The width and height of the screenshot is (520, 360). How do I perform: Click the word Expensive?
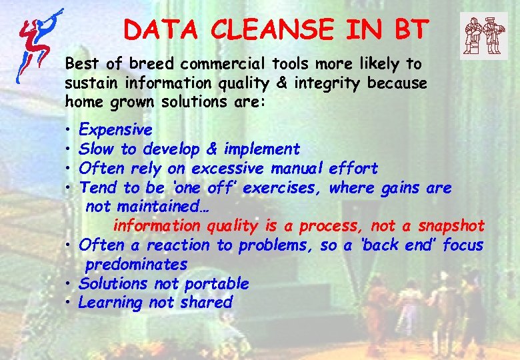pos(115,129)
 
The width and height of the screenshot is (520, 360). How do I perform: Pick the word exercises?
pos(285,188)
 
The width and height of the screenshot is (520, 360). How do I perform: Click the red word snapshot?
pos(451,226)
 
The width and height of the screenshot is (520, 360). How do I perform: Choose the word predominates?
pos(136,265)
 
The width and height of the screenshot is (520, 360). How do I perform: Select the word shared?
pos(209,303)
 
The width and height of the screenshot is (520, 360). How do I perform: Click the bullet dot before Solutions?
pos(69,285)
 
